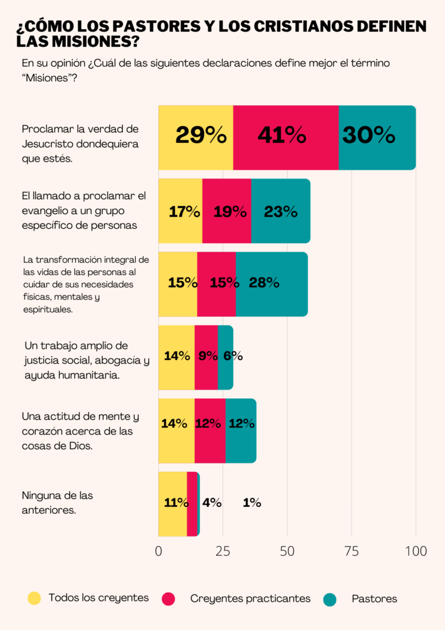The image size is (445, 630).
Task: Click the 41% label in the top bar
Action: click(282, 135)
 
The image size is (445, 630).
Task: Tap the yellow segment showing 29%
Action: click(196, 137)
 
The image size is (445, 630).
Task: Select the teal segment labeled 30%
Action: click(377, 137)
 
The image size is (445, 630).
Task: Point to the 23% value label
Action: click(281, 212)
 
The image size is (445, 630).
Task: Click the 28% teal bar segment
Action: click(271, 284)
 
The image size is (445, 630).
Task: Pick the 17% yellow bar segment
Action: click(180, 211)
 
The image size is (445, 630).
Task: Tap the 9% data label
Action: click(208, 355)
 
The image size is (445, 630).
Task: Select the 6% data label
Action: click(232, 356)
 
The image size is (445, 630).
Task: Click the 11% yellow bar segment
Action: click(173, 503)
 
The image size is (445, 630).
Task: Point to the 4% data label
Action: click(211, 503)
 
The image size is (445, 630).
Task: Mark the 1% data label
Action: click(252, 503)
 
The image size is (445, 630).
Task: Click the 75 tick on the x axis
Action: click(352, 551)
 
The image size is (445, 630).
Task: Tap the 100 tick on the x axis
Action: click(416, 551)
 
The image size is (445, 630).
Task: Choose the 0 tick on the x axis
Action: click(159, 551)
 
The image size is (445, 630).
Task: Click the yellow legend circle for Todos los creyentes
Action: click(34, 598)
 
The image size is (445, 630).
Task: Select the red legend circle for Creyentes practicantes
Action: click(168, 599)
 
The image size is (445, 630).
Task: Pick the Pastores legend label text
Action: click(374, 599)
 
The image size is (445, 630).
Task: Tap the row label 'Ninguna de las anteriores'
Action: click(57, 502)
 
